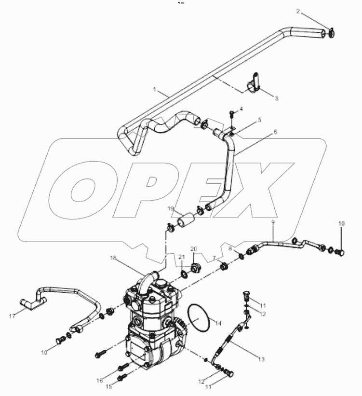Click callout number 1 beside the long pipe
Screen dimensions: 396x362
point(155,90)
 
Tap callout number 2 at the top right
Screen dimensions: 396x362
point(311,11)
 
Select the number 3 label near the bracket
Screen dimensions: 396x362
point(277,98)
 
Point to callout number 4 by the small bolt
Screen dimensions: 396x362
point(241,109)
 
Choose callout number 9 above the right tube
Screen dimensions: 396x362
point(272,223)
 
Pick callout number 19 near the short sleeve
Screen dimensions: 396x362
point(171,208)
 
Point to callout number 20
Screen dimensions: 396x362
point(194,249)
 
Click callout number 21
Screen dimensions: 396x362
point(182,256)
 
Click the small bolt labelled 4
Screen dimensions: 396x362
point(231,114)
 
